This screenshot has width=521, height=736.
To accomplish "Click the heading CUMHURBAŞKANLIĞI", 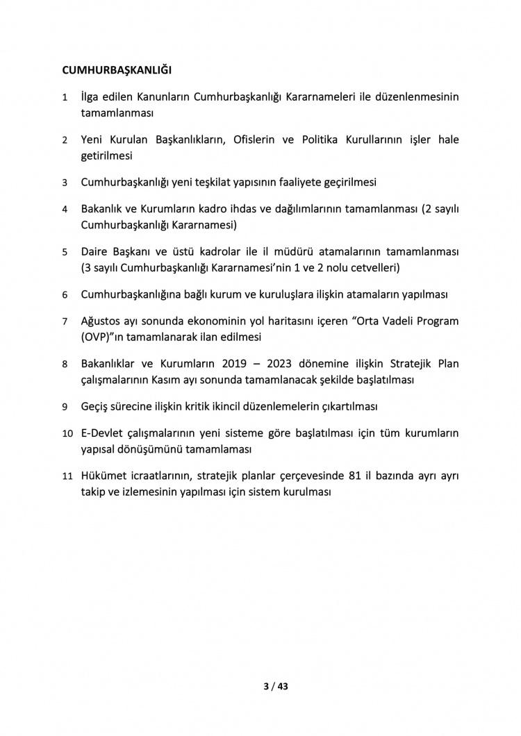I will (x=117, y=70).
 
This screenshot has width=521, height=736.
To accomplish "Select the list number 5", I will (x=65, y=251).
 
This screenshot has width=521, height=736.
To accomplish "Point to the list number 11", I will (x=67, y=476).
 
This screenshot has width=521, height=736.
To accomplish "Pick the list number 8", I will (x=65, y=364).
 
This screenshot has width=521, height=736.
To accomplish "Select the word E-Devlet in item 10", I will (x=104, y=433).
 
